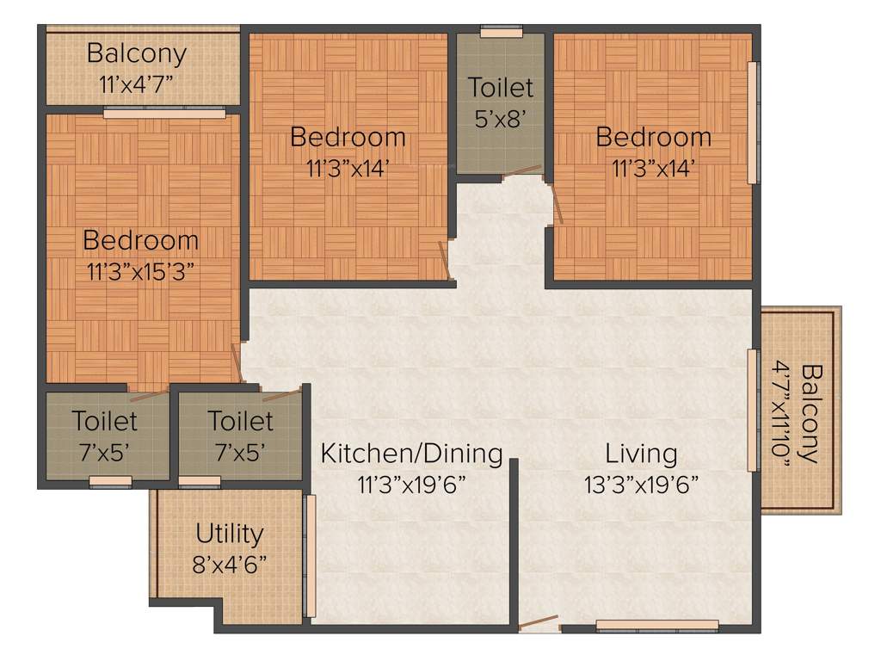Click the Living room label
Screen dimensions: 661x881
pyautogui.click(x=641, y=453)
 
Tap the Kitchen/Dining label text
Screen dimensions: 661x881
pyautogui.click(x=411, y=453)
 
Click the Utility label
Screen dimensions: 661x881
pyautogui.click(x=229, y=534)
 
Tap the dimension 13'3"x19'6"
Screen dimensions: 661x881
pyautogui.click(x=641, y=483)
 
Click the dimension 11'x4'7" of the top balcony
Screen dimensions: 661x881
pyautogui.click(x=137, y=84)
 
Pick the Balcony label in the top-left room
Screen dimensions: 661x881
pyautogui.click(x=137, y=53)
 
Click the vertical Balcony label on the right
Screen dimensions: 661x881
pyautogui.click(x=812, y=413)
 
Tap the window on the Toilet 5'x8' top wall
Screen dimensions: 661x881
pyautogui.click(x=501, y=33)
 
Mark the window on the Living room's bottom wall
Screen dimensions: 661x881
pyautogui.click(x=657, y=627)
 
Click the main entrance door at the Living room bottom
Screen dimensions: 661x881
pyautogui.click(x=539, y=622)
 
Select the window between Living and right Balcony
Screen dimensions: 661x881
pyautogui.click(x=753, y=410)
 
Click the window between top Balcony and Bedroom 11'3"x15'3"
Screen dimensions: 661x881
pyautogui.click(x=164, y=112)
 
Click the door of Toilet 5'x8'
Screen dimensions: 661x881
pyautogui.click(x=522, y=172)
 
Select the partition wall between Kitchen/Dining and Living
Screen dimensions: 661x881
pyautogui.click(x=514, y=542)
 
